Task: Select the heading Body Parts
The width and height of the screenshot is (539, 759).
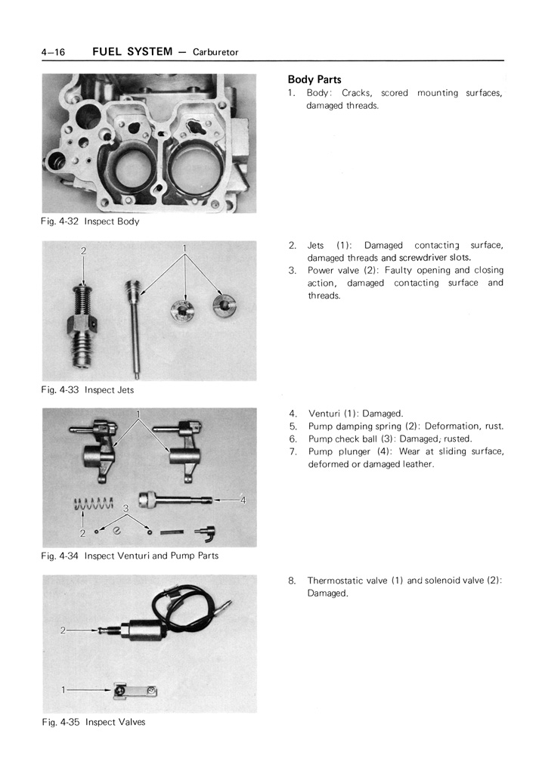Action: tap(314, 79)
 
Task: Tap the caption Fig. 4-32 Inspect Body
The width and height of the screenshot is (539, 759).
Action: tap(90, 222)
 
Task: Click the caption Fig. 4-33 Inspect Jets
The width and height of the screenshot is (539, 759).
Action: tap(88, 390)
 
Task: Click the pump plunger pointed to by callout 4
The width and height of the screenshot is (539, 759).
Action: tap(181, 500)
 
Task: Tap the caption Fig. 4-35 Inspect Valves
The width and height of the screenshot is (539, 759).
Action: tap(93, 722)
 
